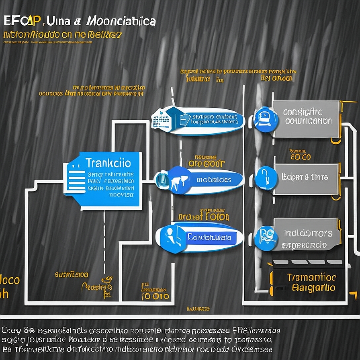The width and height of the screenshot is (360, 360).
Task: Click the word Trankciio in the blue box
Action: coord(108,163)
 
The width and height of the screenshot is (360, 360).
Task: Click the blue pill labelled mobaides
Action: coord(213,180)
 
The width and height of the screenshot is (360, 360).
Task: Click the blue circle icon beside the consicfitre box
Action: coord(265,118)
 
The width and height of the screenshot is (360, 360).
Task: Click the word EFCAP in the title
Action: coord(18,21)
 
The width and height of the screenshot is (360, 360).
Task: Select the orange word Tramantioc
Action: coord(311,278)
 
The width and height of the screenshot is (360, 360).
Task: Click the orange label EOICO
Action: coord(300,157)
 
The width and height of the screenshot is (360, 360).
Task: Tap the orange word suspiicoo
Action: coord(72,275)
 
